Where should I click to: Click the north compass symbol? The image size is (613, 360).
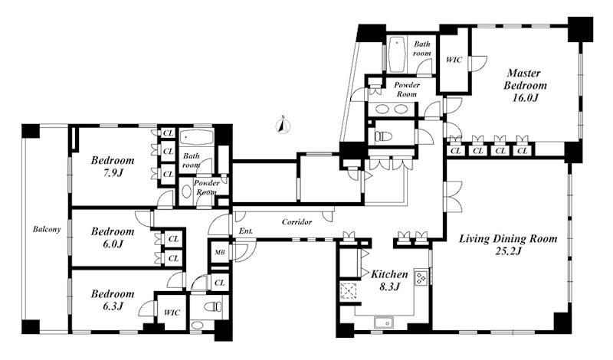[283, 125]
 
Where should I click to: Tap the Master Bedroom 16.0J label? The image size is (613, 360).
[525, 85]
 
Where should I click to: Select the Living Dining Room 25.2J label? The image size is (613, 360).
[508, 244]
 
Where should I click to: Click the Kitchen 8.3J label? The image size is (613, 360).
[389, 280]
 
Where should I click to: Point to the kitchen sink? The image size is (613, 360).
[385, 322]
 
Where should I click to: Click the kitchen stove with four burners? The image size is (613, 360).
[421, 277]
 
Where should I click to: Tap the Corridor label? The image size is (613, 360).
[297, 222]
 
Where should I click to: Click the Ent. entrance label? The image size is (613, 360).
[246, 231]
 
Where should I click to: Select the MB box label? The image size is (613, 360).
[220, 253]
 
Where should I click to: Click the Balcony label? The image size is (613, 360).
[47, 230]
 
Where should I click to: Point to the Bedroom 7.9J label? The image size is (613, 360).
[113, 166]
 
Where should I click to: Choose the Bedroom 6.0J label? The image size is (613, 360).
[113, 237]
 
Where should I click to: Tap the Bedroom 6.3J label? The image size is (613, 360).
[113, 299]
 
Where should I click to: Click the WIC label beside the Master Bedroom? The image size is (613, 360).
[454, 60]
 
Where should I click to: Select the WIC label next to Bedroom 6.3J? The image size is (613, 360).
[172, 313]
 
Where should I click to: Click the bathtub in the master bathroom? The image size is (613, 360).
[397, 54]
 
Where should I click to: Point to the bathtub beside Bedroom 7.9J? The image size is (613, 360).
[196, 137]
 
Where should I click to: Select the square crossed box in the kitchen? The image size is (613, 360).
[348, 290]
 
